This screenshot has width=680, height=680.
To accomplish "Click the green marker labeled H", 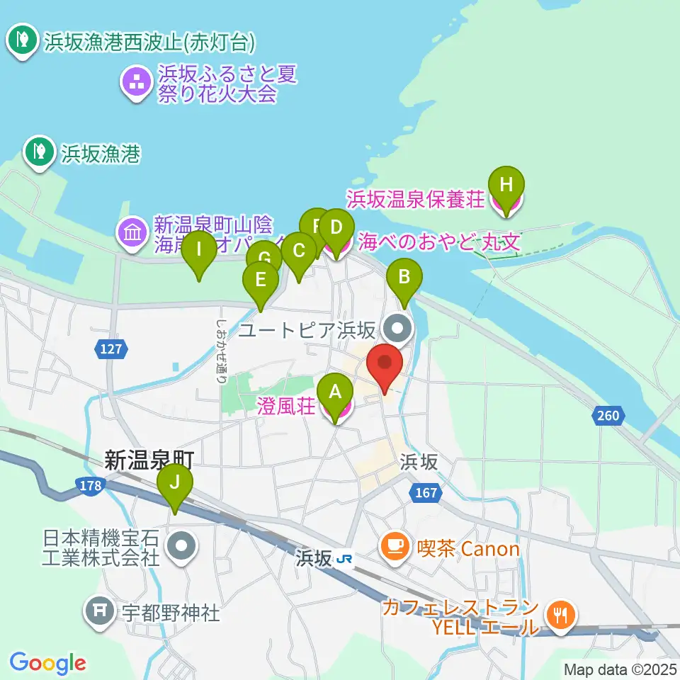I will click(x=505, y=186).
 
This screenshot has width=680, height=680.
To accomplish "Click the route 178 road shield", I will click(x=90, y=485).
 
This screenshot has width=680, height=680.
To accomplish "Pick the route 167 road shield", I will click(x=426, y=492).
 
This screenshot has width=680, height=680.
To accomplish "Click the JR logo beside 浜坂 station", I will click(x=345, y=559).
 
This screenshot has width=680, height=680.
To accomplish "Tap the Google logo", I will click(x=47, y=664).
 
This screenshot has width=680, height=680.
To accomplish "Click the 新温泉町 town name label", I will click(x=149, y=461).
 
